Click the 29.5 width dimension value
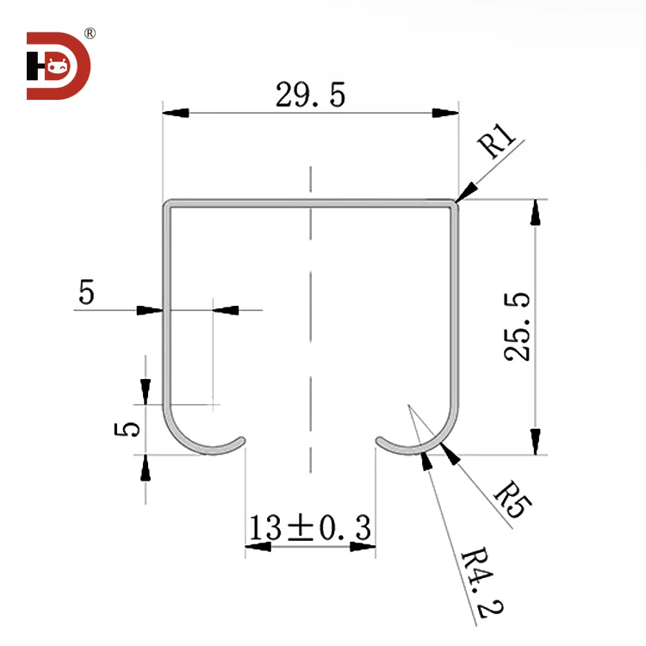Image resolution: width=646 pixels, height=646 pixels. coord(310,96)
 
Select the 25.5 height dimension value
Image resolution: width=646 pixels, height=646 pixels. coord(513,326)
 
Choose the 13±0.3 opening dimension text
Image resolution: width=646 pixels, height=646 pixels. coord(310,526)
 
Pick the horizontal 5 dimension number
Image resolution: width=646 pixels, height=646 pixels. coord(86,294)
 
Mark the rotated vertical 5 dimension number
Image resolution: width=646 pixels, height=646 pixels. coord(127,429)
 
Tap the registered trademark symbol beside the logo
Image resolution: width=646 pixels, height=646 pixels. coord(90,34)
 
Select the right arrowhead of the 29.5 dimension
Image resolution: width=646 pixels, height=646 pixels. coord(444,113)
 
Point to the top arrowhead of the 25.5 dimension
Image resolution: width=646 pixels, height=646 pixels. coord(536,212)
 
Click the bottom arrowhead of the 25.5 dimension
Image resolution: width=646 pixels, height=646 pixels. coord(536,441)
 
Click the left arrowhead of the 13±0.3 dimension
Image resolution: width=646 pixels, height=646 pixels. coord(258,544)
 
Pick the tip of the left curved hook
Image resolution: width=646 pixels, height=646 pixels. coord(245,440)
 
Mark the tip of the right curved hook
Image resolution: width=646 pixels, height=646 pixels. coord(377,440)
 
